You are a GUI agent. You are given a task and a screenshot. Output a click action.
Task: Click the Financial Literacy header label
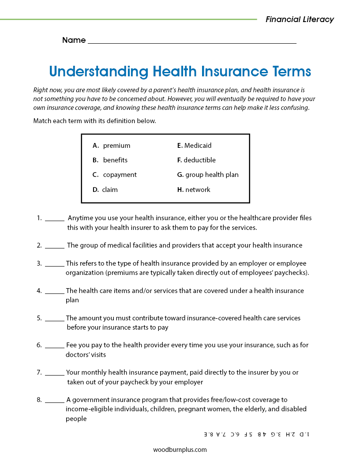(300, 19)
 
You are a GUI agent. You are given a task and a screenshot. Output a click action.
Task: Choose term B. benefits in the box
(110, 160)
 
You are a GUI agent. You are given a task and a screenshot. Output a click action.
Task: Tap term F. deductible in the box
(196, 160)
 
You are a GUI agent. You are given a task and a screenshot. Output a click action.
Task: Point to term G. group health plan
(208, 175)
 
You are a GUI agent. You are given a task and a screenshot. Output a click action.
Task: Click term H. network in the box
(194, 190)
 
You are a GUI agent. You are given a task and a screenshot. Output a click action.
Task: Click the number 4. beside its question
(39, 291)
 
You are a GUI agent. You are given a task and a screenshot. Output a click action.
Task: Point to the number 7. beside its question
(39, 372)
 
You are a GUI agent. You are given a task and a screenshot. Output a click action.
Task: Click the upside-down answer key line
(256, 434)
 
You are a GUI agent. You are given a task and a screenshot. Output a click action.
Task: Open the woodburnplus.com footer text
(180, 450)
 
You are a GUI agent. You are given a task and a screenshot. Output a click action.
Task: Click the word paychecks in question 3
(291, 273)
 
